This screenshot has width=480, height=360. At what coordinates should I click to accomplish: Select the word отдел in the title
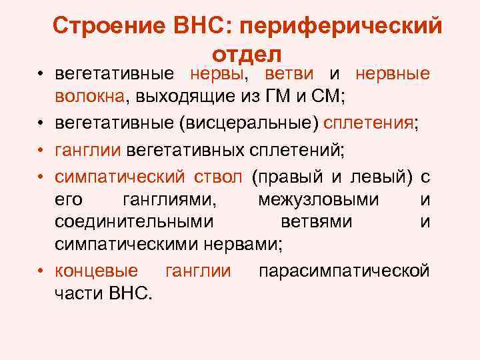point(247,53)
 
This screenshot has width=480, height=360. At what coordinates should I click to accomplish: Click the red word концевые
point(97,271)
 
